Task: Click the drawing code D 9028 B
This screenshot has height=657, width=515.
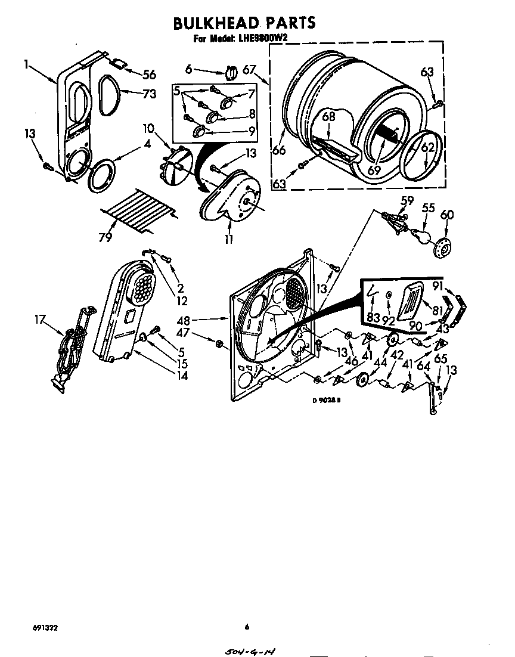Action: [x=326, y=401]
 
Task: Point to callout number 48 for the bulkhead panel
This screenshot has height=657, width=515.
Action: [x=200, y=320]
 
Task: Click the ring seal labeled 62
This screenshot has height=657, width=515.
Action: [x=423, y=157]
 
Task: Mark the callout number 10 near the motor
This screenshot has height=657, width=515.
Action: [x=148, y=128]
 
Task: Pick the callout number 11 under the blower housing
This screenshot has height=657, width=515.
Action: [x=229, y=239]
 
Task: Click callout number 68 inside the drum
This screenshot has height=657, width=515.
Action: [x=328, y=117]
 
